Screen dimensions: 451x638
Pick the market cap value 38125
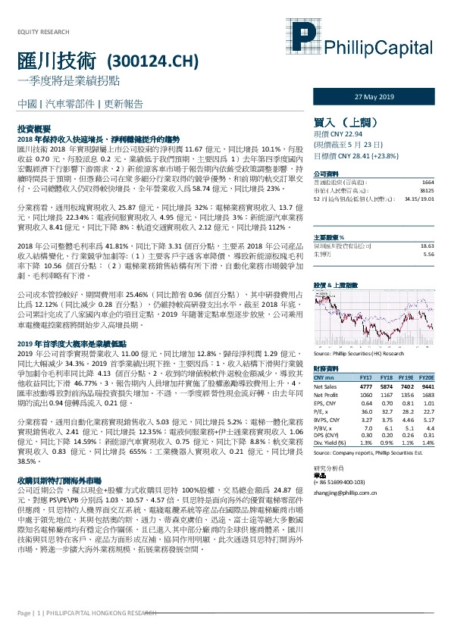426,190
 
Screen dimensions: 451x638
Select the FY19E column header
406,377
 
